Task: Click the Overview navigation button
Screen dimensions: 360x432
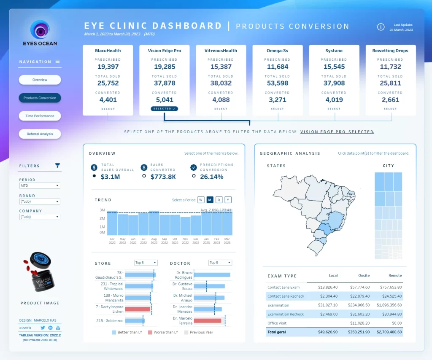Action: pos(40,80)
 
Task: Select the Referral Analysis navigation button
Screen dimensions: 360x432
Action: pos(40,134)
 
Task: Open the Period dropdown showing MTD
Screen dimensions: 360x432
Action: pos(40,185)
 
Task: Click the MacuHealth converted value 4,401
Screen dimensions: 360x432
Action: pos(108,100)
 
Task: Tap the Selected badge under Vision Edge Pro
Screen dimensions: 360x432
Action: pos(165,109)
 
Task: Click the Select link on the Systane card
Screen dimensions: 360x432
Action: pos(334,109)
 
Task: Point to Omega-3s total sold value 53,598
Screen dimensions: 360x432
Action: pos(278,83)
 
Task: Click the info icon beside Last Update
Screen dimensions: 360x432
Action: pos(381,27)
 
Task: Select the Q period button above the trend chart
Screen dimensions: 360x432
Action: pos(219,200)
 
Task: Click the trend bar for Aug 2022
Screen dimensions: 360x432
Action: pos(154,223)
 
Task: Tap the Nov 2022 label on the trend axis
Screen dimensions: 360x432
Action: pos(185,241)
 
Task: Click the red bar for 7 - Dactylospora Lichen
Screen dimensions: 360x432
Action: pos(138,309)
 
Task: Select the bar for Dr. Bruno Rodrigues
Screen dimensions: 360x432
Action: pos(212,275)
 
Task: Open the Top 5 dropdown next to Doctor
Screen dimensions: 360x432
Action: pos(220,263)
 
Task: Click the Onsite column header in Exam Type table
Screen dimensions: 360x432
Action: pos(364,276)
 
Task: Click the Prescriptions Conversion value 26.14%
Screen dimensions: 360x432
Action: pos(211,177)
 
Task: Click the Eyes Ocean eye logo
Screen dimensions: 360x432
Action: pos(40,30)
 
